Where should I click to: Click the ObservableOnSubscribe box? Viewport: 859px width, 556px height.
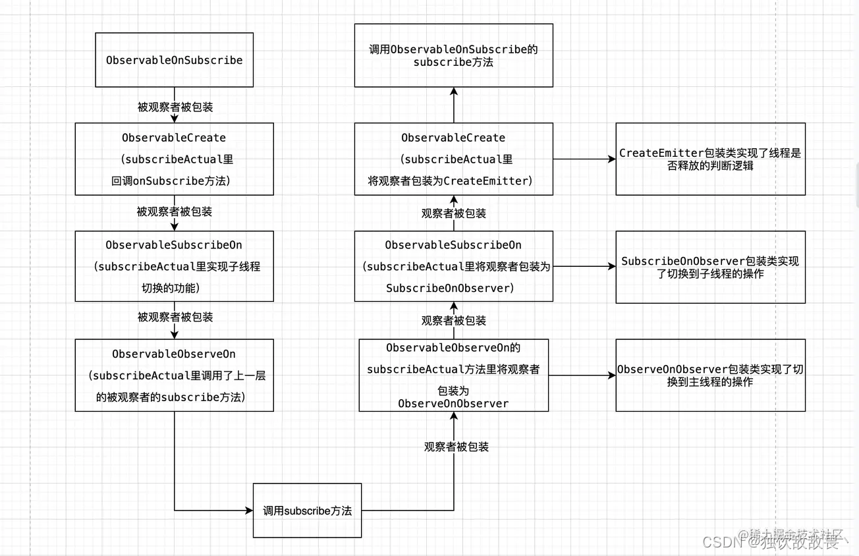tap(174, 60)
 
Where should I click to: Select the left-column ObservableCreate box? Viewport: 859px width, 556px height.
tap(174, 159)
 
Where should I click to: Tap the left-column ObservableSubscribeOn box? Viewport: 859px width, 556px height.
tap(174, 266)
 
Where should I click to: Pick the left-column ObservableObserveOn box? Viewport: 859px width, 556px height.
tap(174, 375)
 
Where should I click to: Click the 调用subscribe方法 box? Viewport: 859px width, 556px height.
tap(307, 511)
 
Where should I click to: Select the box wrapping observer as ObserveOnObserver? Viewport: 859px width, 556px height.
tap(453, 375)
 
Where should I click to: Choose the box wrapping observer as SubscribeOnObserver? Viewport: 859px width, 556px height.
tap(453, 266)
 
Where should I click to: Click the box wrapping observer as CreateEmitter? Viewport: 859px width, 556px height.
tap(453, 159)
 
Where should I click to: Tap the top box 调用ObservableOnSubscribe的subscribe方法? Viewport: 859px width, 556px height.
tap(453, 55)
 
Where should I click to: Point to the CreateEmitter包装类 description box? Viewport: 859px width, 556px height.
tap(710, 159)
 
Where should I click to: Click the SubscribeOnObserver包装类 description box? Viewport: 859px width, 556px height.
tap(710, 267)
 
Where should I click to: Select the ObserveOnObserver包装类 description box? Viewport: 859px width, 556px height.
tap(710, 375)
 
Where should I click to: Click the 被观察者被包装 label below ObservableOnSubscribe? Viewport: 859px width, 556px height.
tap(175, 107)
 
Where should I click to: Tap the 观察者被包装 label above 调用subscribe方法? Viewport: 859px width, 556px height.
tap(457, 447)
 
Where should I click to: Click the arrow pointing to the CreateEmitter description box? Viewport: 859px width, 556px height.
tap(584, 159)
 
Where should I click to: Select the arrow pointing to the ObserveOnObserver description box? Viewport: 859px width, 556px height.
tap(582, 375)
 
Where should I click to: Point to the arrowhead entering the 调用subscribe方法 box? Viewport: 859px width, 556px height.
tap(250, 510)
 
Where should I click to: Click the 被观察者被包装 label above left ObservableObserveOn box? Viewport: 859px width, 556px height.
tap(175, 317)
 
